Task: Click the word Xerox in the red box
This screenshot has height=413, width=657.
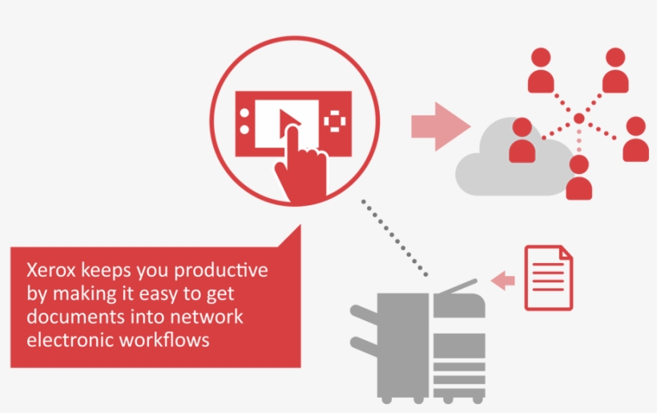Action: (49, 270)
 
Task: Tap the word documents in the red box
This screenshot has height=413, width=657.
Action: (67, 317)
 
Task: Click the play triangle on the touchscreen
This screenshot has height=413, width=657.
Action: (287, 121)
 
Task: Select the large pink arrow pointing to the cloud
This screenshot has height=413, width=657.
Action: (440, 126)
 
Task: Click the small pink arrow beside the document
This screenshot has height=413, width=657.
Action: (502, 280)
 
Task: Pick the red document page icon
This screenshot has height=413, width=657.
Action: (549, 278)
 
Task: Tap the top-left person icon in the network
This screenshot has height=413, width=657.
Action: (542, 71)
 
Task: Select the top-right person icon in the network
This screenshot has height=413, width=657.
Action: (615, 71)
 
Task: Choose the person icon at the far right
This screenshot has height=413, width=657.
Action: (635, 140)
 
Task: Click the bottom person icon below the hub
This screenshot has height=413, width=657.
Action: (578, 178)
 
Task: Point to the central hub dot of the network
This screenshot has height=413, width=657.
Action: (578, 119)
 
